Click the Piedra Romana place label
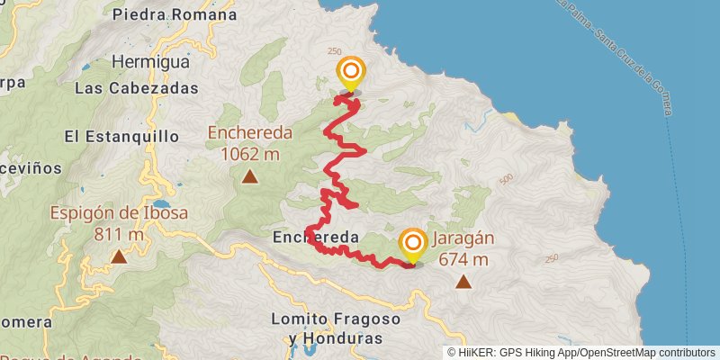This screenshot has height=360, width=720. pyautogui.click(x=175, y=14)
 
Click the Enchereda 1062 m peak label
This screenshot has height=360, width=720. pyautogui.click(x=250, y=142)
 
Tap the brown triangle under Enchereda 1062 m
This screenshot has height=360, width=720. pyautogui.click(x=250, y=176)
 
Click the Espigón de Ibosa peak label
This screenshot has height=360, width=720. pyautogui.click(x=119, y=223)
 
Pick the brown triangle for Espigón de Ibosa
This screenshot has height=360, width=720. pyautogui.click(x=119, y=257)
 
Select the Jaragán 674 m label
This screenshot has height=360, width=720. pyautogui.click(x=463, y=249)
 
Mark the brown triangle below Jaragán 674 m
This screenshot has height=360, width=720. pyautogui.click(x=463, y=283)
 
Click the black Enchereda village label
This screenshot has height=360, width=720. pyautogui.click(x=315, y=238)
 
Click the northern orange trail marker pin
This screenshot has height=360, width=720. pyautogui.click(x=351, y=72)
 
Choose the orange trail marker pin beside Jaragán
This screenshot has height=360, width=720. pyautogui.click(x=413, y=243)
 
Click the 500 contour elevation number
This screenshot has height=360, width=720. pyautogui.click(x=505, y=178)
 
